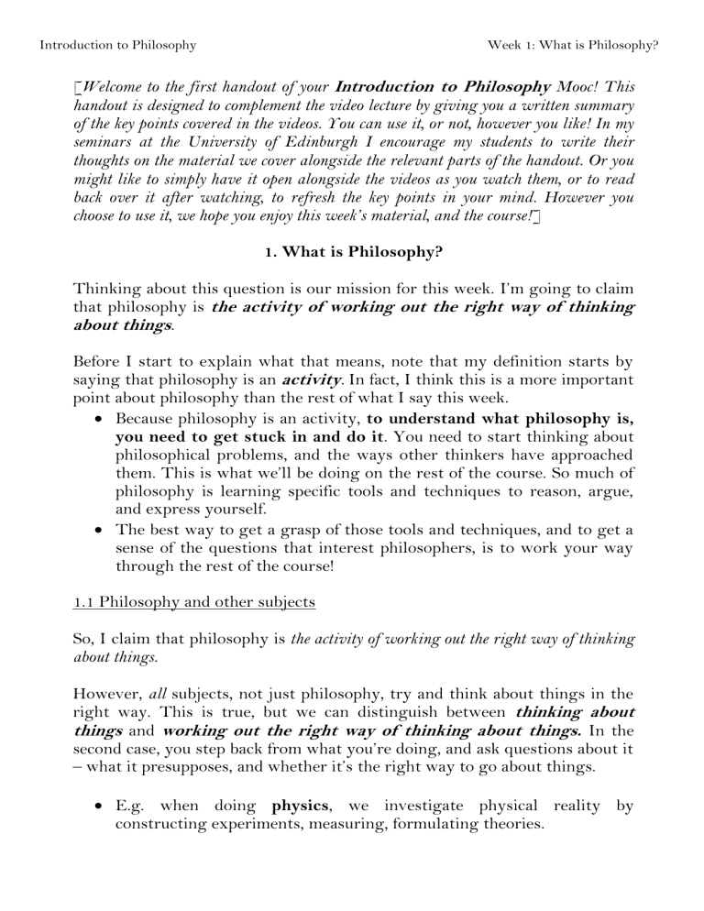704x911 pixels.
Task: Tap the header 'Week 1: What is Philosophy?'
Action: tap(572, 43)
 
